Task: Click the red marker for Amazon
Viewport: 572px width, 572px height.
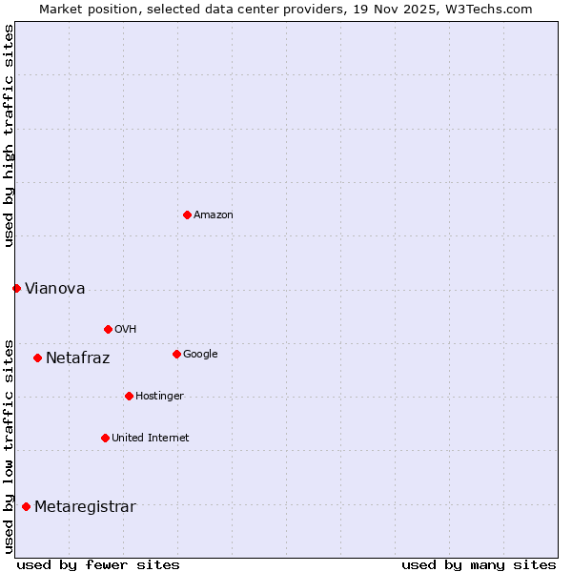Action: pos(187,214)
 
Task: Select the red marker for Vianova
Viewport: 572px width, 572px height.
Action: pos(16,288)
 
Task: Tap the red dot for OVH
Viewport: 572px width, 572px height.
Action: pos(108,329)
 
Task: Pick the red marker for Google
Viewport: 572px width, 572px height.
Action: pos(176,354)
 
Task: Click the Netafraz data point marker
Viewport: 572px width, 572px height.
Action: pos(37,357)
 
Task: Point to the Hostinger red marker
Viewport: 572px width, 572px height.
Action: pos(129,396)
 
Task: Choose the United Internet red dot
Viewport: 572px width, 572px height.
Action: pos(105,438)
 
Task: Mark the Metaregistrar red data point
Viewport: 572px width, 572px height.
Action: pos(26,506)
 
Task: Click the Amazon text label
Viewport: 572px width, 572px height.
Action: pos(214,215)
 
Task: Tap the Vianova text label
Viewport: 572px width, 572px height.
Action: pos(55,289)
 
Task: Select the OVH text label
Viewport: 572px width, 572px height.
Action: pos(126,330)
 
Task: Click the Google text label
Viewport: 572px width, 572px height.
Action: pos(200,355)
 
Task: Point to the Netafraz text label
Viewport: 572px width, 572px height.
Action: pos(78,358)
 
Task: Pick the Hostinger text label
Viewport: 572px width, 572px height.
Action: pos(159,397)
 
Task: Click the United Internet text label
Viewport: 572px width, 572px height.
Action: pos(151,439)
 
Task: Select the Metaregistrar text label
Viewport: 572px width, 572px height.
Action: pos(85,507)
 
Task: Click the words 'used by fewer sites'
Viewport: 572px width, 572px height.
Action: pos(98,564)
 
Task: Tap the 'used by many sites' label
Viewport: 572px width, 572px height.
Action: pos(479,564)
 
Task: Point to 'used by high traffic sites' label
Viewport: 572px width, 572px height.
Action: pos(9,135)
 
